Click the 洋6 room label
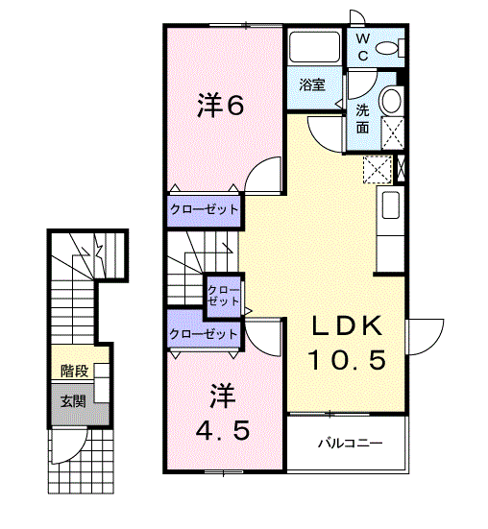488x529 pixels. pyautogui.click(x=220, y=106)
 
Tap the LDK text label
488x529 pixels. pyautogui.click(x=348, y=326)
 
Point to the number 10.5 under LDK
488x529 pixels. pyautogui.click(x=347, y=360)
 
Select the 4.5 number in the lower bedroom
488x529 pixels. pyautogui.click(x=223, y=430)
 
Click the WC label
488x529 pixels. pyautogui.click(x=362, y=48)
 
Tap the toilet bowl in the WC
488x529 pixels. pyautogui.click(x=387, y=48)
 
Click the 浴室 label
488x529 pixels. pyautogui.click(x=312, y=84)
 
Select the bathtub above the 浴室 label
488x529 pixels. pyautogui.click(x=314, y=46)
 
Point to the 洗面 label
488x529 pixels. pyautogui.click(x=362, y=119)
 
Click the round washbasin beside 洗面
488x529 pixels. pyautogui.click(x=391, y=101)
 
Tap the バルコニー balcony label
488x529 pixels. pyautogui.click(x=351, y=443)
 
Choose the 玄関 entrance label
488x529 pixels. pyautogui.click(x=73, y=401)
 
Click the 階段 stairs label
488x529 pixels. pyautogui.click(x=74, y=372)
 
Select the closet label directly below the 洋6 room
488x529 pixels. pyautogui.click(x=205, y=209)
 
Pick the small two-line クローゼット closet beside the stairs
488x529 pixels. pyautogui.click(x=223, y=296)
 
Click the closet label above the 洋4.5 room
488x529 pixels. pyautogui.click(x=204, y=334)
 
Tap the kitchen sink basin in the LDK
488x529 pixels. pyautogui.click(x=391, y=205)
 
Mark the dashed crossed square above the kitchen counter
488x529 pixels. pyautogui.click(x=378, y=170)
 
